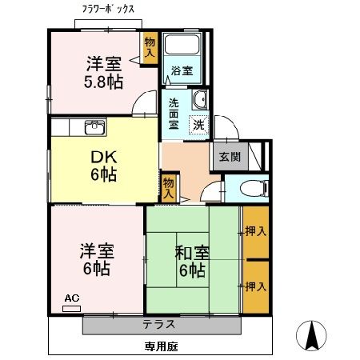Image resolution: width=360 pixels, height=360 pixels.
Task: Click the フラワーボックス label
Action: pos(109,9)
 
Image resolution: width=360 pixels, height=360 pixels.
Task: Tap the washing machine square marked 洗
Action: pos(197,125)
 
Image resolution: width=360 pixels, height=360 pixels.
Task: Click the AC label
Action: pos(71,298)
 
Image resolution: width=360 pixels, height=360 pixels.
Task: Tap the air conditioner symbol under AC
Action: pos(71,307)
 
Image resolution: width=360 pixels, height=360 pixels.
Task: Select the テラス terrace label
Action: pos(160,325)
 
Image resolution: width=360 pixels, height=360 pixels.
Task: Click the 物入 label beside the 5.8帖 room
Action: pos(150,46)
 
